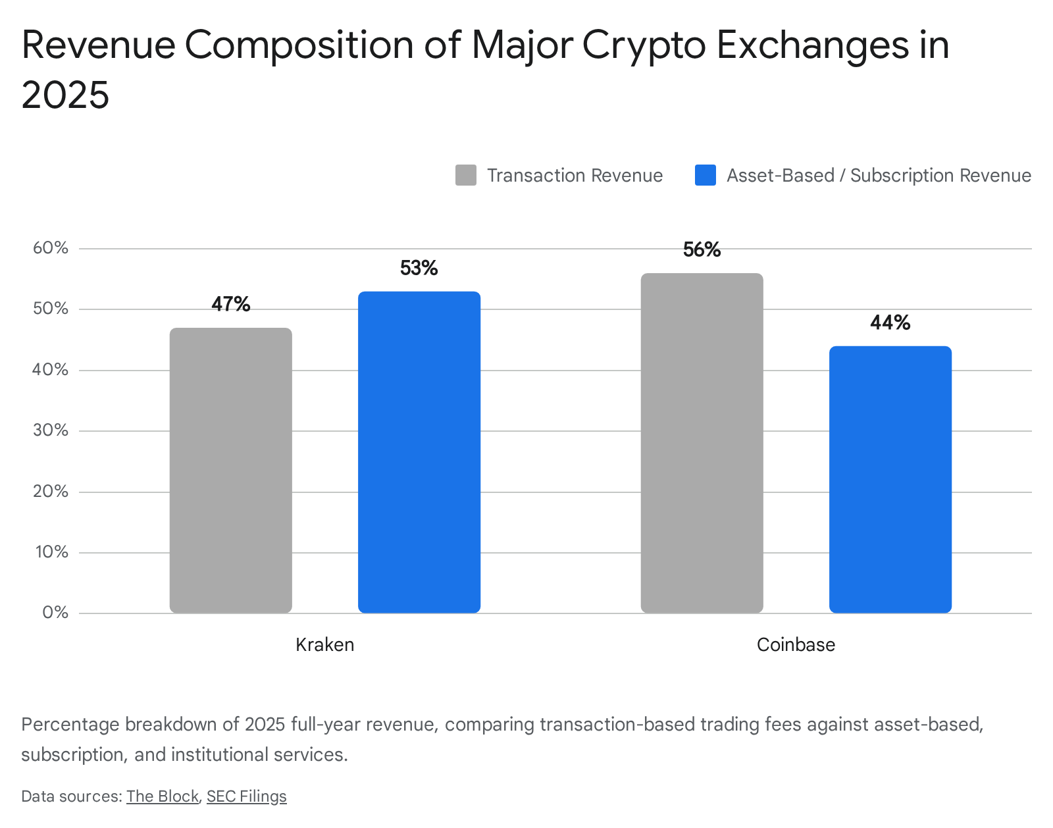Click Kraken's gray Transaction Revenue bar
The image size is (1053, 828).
pyautogui.click(x=230, y=470)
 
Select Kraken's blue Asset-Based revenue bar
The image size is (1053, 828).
pyautogui.click(x=419, y=452)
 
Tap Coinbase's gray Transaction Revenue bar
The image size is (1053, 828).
pyautogui.click(x=702, y=442)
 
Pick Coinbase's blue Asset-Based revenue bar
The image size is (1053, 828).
pyautogui.click(x=890, y=479)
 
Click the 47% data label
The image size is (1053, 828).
pyautogui.click(x=230, y=304)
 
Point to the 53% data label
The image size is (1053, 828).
pyautogui.click(x=419, y=268)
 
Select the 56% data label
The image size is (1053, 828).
pyautogui.click(x=702, y=249)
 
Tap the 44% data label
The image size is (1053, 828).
pyautogui.click(x=890, y=323)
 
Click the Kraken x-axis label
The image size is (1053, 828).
pyautogui.click(x=325, y=644)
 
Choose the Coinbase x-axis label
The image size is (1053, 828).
pyautogui.click(x=796, y=644)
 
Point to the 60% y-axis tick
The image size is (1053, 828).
pyautogui.click(x=51, y=248)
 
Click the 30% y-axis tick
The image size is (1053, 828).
pyautogui.click(x=51, y=430)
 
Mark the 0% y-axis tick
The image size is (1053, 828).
pyautogui.click(x=55, y=613)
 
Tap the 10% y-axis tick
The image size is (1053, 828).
pyautogui.click(x=51, y=552)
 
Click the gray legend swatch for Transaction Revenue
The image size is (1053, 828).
pyautogui.click(x=465, y=175)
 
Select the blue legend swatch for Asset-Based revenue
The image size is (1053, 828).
pyautogui.click(x=705, y=175)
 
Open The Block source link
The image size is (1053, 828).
pyautogui.click(x=163, y=796)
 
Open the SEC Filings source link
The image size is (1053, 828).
pyautogui.click(x=247, y=796)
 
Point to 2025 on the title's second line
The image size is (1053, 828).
pyautogui.click(x=65, y=94)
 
